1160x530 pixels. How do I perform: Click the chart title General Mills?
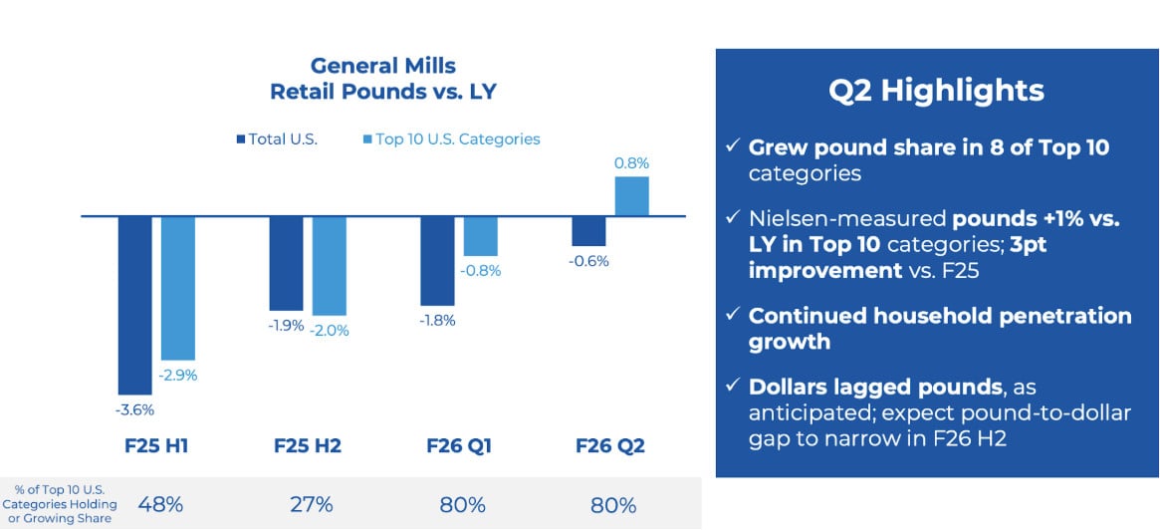click(382, 66)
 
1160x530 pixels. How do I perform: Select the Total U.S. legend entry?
click(276, 139)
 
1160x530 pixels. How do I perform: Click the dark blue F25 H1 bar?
click(134, 305)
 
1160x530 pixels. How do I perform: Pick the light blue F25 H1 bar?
click(177, 288)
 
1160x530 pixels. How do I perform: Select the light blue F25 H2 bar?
click(329, 265)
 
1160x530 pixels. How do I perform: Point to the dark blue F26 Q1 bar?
click(437, 260)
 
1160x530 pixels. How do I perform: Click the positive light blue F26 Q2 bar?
click(631, 196)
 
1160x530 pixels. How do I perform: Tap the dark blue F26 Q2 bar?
click(588, 231)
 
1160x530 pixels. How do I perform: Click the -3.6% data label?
click(134, 408)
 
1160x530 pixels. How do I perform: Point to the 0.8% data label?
click(632, 162)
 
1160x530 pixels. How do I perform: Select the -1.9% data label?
click(285, 325)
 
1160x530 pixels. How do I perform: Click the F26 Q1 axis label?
click(459, 446)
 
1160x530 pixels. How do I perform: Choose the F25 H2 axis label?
click(307, 446)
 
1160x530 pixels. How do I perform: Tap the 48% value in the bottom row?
click(157, 504)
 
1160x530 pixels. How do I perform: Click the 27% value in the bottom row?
click(311, 504)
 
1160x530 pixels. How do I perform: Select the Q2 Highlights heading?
click(936, 91)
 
